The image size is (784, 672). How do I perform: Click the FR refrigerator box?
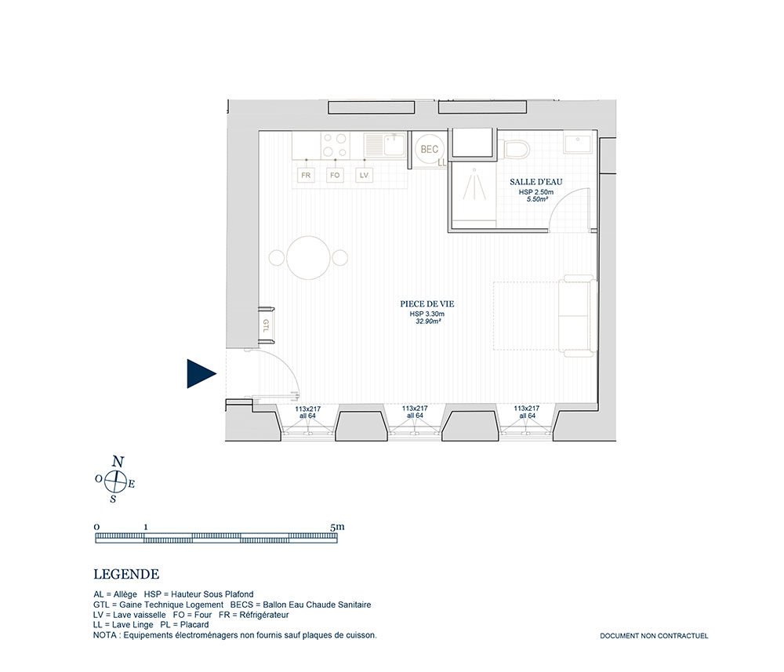tap(306, 176)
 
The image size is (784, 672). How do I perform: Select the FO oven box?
tap(335, 176)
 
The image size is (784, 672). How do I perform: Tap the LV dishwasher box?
tap(364, 176)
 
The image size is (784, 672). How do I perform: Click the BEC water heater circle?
tap(430, 149)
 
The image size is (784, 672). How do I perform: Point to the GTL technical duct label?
tap(266, 325)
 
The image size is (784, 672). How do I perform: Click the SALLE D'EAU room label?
tap(536, 182)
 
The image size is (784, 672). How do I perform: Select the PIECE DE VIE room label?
tap(427, 304)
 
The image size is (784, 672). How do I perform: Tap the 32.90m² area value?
tap(428, 321)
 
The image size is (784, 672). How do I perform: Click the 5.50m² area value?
tap(538, 199)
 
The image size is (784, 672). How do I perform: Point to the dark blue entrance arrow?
tap(200, 373)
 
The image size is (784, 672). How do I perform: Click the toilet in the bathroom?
tap(514, 149)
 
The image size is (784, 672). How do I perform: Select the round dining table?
tap(309, 257)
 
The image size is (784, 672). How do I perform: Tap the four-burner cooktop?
tap(335, 145)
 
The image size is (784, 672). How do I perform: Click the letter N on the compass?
tap(118, 462)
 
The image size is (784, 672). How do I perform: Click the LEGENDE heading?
tap(126, 574)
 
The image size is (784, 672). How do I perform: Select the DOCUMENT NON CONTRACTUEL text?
tap(654, 636)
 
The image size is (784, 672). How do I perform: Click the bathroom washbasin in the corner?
tap(578, 143)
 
